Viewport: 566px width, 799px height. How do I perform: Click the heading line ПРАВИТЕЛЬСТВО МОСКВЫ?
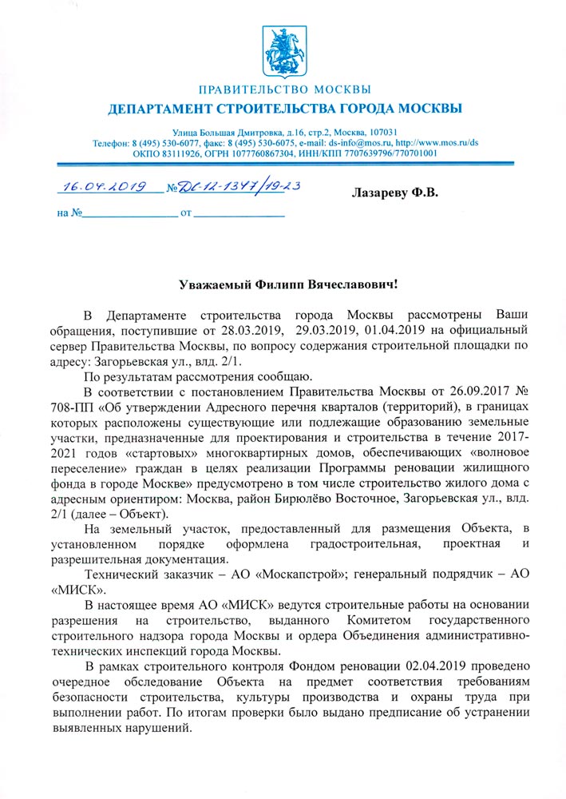click(x=283, y=88)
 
